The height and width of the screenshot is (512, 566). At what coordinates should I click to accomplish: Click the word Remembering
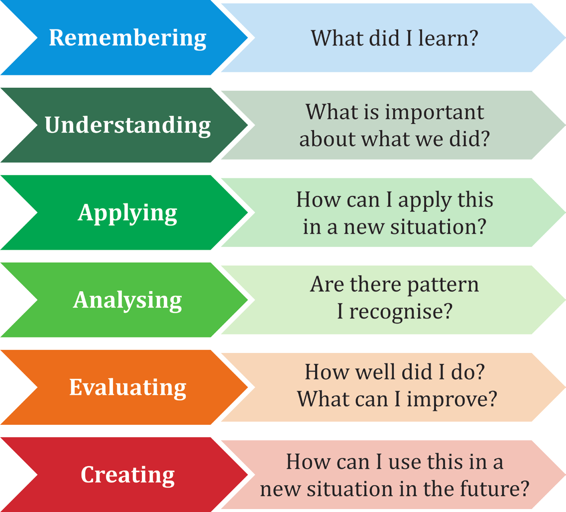click(x=127, y=38)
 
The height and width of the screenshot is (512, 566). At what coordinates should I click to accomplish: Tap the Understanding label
click(x=127, y=126)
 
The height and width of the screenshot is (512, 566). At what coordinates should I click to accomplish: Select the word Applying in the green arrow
click(x=127, y=213)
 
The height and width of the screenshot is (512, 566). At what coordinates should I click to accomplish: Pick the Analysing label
click(x=127, y=301)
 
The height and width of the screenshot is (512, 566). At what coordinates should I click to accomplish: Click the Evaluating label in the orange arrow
click(x=127, y=388)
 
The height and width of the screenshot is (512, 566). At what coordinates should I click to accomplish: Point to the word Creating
click(x=127, y=475)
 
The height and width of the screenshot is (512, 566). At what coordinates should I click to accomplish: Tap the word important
click(x=434, y=113)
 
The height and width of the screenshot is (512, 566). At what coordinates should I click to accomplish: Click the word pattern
click(x=443, y=285)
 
